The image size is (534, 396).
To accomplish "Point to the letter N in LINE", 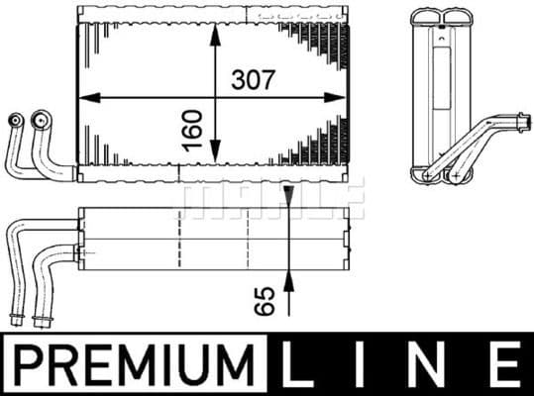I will (x=432, y=363).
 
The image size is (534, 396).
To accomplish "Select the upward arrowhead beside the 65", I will (x=288, y=281).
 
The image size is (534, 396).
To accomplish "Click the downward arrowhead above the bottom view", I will (x=288, y=196).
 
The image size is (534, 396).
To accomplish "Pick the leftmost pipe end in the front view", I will (x=15, y=122).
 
